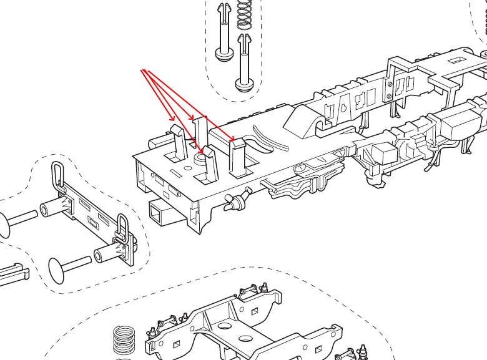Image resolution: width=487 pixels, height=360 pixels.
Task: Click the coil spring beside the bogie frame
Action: coord(124,340)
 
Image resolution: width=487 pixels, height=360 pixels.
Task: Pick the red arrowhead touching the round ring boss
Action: coord(201,152)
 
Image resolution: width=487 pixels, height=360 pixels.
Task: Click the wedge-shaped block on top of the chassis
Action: coord(303,119)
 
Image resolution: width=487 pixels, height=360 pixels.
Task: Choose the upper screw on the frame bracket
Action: coord(390,84)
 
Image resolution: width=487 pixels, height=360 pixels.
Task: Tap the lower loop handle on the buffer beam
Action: coord(122,228)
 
